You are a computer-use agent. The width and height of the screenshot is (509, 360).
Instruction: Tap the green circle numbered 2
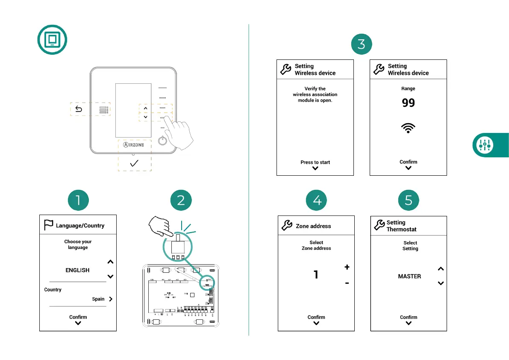pos(181,200)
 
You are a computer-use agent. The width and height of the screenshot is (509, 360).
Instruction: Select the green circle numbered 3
pos(361,44)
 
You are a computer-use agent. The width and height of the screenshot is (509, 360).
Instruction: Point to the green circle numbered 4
pos(317,200)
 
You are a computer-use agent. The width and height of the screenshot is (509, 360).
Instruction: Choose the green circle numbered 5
pos(409,200)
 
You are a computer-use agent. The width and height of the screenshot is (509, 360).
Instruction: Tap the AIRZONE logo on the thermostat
pos(134,145)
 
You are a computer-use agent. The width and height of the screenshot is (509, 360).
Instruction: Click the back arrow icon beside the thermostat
pos(79,109)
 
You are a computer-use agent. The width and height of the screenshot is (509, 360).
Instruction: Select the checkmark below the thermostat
pos(134,163)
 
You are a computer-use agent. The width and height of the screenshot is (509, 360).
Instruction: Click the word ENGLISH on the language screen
pos(77,270)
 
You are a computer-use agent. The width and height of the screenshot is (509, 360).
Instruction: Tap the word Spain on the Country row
pos(98,299)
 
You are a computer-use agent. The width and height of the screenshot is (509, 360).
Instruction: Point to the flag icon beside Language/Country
pos(48,225)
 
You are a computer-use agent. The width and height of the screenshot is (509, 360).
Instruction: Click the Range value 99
pos(409,103)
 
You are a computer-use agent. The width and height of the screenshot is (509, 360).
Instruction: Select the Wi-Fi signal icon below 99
pos(409,128)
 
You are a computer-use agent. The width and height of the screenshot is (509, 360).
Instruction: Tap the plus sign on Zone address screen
pos(347,267)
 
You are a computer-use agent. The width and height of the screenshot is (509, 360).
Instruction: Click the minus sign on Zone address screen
pos(347,283)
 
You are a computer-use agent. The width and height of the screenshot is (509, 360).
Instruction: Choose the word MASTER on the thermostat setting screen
pos(409,276)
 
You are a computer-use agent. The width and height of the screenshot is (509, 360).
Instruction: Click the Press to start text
pos(315,162)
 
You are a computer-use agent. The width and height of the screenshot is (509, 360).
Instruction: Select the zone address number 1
pos(316,274)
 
